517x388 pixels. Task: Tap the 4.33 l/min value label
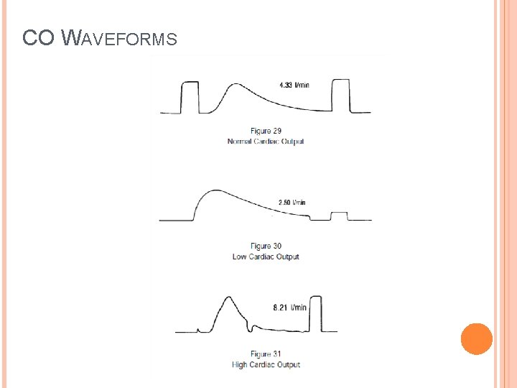point(294,86)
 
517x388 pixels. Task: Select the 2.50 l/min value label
point(292,203)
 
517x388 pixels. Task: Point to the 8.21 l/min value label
point(289,308)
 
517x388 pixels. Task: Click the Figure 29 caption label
point(266,131)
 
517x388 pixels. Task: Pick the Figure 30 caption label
point(266,246)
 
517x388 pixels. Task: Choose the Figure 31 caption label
point(266,354)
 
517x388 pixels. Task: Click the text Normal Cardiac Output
point(266,142)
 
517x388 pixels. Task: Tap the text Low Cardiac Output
point(266,257)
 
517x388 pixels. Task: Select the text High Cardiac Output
point(266,365)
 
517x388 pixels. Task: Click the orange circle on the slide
point(476,339)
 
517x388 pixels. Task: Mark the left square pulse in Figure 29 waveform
point(190,97)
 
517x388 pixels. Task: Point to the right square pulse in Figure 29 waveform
point(340,96)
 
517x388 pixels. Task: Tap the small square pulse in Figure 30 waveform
point(338,216)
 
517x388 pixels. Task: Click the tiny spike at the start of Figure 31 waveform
point(197,329)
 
